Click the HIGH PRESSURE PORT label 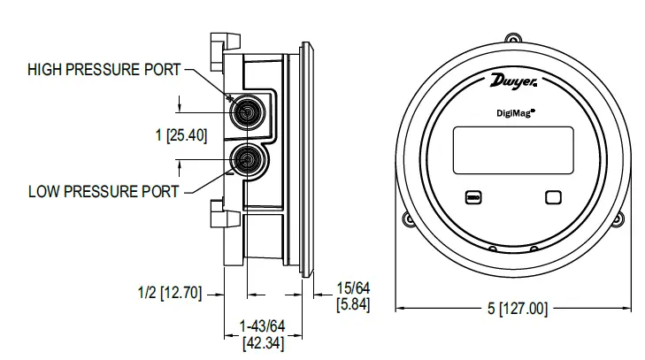click(x=104, y=69)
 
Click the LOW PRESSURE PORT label click(x=104, y=190)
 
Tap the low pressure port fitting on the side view click(x=244, y=159)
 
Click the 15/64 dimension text click(x=353, y=288)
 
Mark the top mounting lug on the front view click(x=514, y=38)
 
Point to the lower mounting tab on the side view click(x=218, y=212)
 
